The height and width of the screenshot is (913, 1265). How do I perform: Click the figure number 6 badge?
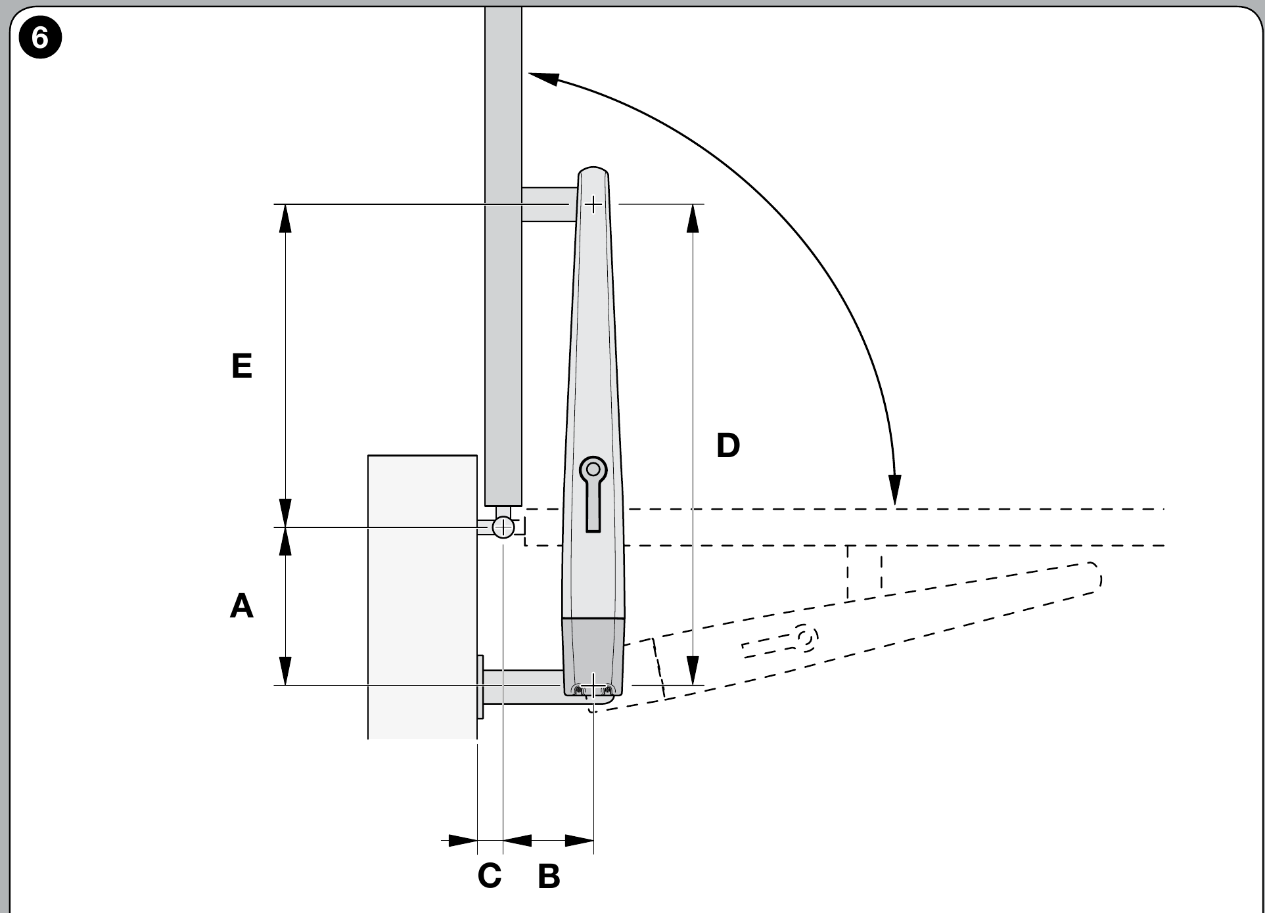click(x=39, y=38)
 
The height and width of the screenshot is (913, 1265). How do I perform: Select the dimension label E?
click(x=242, y=366)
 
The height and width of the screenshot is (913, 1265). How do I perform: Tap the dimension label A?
click(x=242, y=606)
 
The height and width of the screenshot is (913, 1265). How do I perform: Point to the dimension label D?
click(x=728, y=445)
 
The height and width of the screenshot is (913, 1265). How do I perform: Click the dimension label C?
click(x=490, y=876)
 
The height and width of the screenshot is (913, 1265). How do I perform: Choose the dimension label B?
click(x=549, y=876)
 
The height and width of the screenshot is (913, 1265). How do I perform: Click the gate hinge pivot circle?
click(x=503, y=527)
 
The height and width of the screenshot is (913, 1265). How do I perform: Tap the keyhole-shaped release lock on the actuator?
click(x=593, y=493)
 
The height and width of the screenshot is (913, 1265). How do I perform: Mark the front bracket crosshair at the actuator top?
click(x=593, y=204)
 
